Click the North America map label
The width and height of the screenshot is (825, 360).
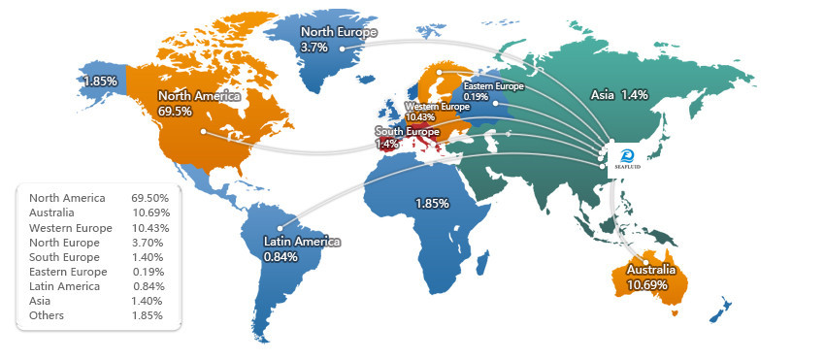[x=194, y=96]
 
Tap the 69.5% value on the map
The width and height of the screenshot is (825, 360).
[x=175, y=112]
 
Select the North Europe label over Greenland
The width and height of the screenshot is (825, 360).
[x=339, y=32]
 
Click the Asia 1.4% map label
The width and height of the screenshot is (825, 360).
[x=619, y=94]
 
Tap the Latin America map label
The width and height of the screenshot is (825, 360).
[x=302, y=242]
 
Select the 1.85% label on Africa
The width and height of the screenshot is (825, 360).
[x=431, y=203]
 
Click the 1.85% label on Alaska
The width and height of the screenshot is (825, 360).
[x=101, y=81]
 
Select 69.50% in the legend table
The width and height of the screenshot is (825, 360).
[x=150, y=198]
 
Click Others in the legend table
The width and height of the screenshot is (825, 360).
[x=48, y=315]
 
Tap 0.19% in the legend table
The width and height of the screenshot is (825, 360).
[x=150, y=272]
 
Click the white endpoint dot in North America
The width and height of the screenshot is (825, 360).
[x=203, y=131]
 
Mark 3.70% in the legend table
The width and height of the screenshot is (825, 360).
[x=150, y=243]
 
